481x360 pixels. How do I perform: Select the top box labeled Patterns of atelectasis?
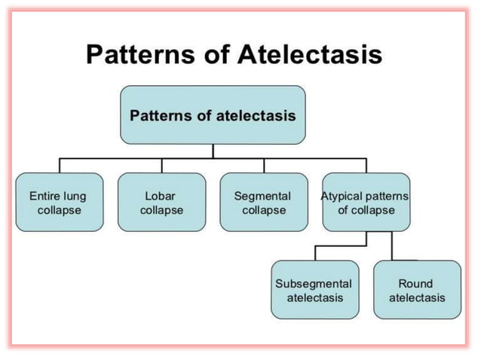click(213, 115)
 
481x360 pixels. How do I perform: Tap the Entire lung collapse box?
click(59, 202)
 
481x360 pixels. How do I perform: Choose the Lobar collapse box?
click(161, 202)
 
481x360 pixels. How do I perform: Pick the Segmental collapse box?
click(264, 202)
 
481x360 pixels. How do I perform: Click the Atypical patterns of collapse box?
click(366, 202)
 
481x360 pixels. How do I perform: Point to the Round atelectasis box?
click(417, 290)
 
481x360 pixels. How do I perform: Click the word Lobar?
click(161, 196)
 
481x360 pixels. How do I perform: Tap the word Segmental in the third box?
click(263, 196)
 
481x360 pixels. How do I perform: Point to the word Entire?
click(44, 196)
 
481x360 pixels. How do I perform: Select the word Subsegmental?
click(314, 283)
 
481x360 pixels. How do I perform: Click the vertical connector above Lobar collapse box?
click(161, 166)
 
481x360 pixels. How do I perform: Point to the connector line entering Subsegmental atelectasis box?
click(315, 252)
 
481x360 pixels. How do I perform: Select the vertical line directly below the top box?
click(213, 151)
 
